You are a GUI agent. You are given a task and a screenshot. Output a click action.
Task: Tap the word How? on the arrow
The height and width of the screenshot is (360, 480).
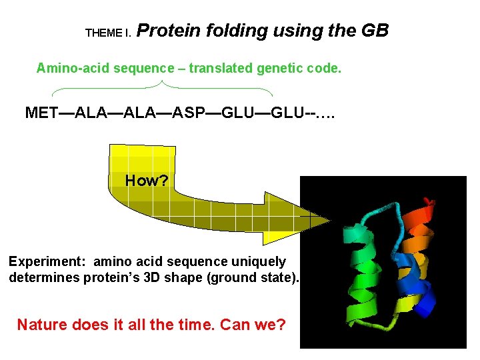click(147, 181)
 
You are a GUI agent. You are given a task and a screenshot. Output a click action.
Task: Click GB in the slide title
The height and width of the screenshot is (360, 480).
click(374, 31)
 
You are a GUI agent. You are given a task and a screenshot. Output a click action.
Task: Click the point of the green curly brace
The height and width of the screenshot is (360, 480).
click(163, 83)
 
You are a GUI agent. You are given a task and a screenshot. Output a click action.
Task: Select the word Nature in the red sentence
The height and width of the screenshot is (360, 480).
click(41, 325)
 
